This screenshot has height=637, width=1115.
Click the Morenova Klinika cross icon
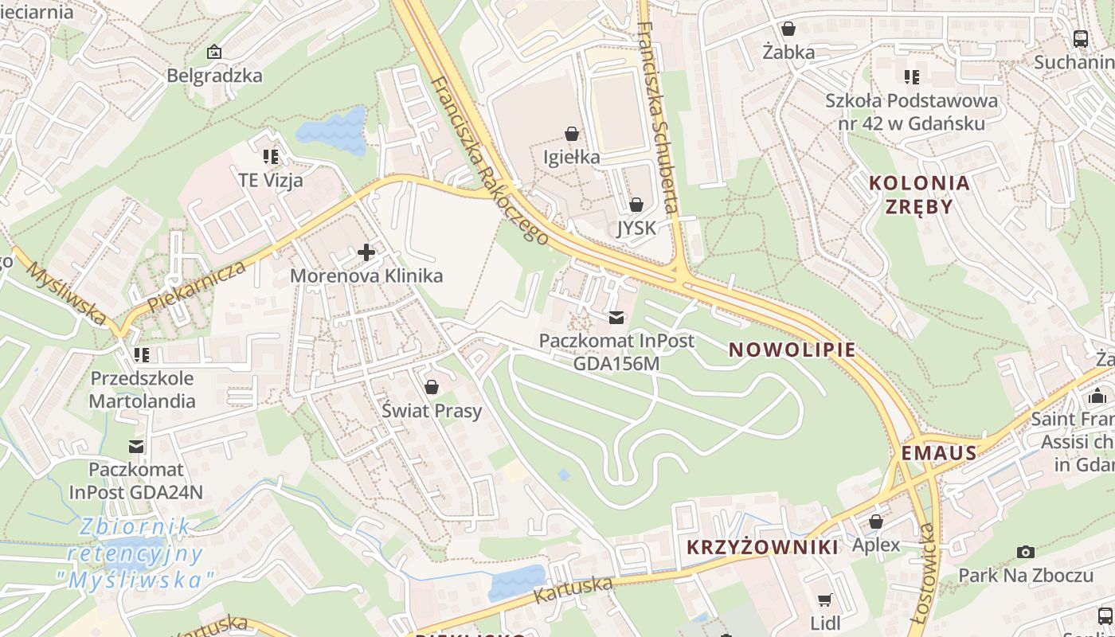pyautogui.click(x=366, y=253)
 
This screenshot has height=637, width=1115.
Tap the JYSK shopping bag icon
pyautogui.click(x=636, y=205)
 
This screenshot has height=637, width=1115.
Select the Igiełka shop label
pyautogui.click(x=571, y=157)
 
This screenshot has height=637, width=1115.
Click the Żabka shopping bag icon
pyautogui.click(x=788, y=29)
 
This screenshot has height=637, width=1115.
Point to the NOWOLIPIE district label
pyautogui.click(x=792, y=350)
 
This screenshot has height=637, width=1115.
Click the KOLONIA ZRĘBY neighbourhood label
pyautogui.click(x=919, y=194)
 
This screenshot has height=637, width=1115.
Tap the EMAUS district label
pyautogui.click(x=939, y=453)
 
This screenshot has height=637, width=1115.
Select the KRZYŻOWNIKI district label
pyautogui.click(x=761, y=547)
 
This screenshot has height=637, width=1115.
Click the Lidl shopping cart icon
pyautogui.click(x=824, y=600)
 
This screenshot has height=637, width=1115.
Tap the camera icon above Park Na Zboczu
pyautogui.click(x=1026, y=552)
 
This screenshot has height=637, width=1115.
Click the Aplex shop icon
pyautogui.click(x=876, y=522)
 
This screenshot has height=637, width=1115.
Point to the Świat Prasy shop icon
pyautogui.click(x=432, y=388)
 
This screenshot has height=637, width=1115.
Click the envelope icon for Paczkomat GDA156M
pyautogui.click(x=616, y=318)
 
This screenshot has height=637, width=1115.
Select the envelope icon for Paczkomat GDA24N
pyautogui.click(x=137, y=447)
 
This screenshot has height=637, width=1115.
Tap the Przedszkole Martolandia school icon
pyautogui.click(x=142, y=354)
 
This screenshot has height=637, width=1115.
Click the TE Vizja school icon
pyautogui.click(x=271, y=156)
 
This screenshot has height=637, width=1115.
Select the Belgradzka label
pyautogui.click(x=214, y=76)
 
